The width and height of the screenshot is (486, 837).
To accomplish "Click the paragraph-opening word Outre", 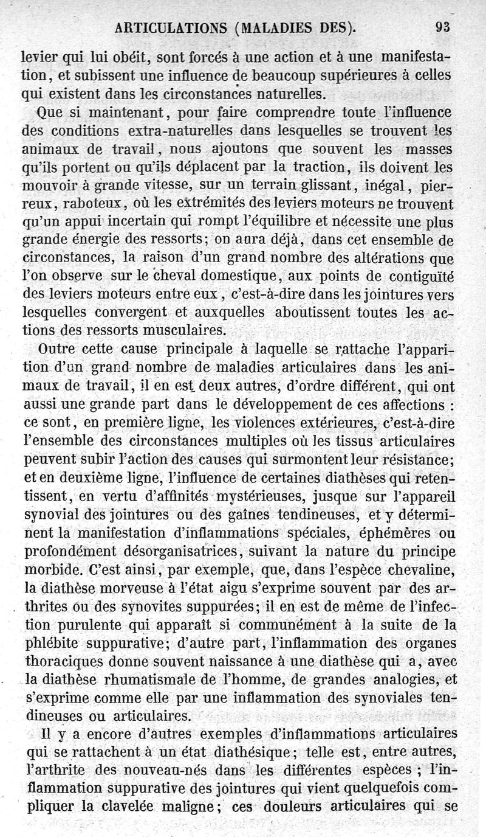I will (x=56, y=350).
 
